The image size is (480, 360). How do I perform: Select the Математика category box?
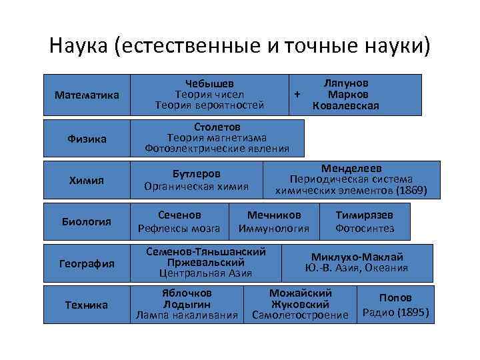(x=87, y=95)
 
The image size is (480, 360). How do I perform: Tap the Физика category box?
(x=87, y=138)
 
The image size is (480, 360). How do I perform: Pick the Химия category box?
(x=87, y=180)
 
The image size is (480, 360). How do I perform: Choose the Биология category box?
(x=87, y=221)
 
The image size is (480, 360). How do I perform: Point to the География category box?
(x=87, y=263)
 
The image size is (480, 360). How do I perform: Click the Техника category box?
(x=87, y=305)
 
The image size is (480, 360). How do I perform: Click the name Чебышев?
(x=209, y=84)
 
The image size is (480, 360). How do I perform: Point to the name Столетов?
(x=217, y=127)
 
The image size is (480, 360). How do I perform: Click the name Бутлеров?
(x=197, y=174)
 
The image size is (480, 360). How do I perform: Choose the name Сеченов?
(x=179, y=215)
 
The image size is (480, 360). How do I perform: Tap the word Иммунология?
(x=274, y=229)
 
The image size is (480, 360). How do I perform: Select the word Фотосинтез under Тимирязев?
(x=365, y=229)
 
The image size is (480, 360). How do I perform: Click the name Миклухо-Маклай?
(x=357, y=257)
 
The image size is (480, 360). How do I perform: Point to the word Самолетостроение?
(x=300, y=315)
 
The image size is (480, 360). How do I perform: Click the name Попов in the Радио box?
(x=396, y=298)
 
